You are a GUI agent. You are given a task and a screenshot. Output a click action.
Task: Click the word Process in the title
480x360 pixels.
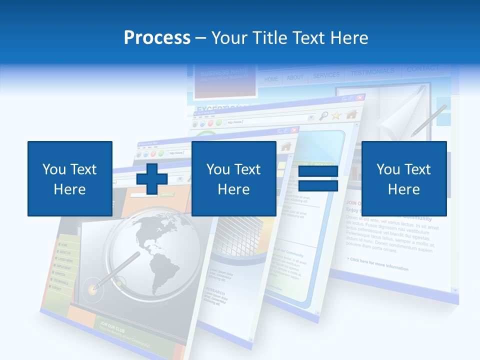click(x=157, y=38)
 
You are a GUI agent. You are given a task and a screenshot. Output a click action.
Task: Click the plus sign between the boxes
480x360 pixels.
click(x=152, y=178)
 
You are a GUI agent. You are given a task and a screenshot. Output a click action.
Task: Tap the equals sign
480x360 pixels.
click(x=318, y=178)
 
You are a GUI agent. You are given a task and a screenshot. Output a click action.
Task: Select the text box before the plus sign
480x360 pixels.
click(x=70, y=178)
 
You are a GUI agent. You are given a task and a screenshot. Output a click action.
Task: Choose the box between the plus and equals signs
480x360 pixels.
click(x=233, y=178)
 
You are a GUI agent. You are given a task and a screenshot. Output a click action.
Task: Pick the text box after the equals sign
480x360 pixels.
click(x=403, y=178)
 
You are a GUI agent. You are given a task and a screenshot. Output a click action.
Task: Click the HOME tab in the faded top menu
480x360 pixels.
click(x=271, y=79)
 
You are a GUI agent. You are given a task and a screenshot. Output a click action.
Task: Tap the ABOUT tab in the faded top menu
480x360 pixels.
click(x=295, y=77)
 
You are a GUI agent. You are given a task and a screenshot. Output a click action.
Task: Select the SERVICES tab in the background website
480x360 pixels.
click(x=326, y=75)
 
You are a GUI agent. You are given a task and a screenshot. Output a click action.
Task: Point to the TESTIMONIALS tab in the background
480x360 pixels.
click(x=372, y=72)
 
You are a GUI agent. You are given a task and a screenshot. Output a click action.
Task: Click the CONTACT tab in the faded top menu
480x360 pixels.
click(x=422, y=68)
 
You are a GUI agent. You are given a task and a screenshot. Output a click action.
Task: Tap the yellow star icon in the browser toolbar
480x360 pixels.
click(x=336, y=115)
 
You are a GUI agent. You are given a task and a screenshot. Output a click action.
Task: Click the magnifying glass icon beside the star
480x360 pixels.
click(x=323, y=116)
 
